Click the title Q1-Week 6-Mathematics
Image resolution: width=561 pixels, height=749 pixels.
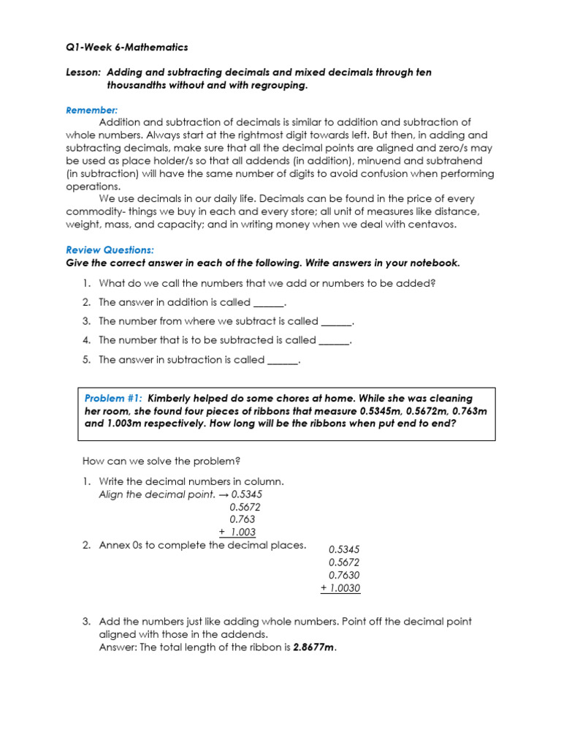pos(126,47)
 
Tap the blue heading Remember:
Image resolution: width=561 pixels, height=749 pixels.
pos(91,110)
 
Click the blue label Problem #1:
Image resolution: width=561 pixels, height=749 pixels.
pos(113,399)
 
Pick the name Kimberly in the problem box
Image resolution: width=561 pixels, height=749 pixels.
pos(173,399)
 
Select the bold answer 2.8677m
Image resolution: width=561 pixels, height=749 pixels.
pos(313,647)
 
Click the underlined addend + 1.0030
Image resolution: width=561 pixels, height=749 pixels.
pos(340,589)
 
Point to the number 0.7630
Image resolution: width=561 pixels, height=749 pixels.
pos(344,576)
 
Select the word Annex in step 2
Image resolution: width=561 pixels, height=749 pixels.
pos(113,545)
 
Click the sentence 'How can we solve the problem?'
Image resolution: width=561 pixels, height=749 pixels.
pos(161,461)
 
